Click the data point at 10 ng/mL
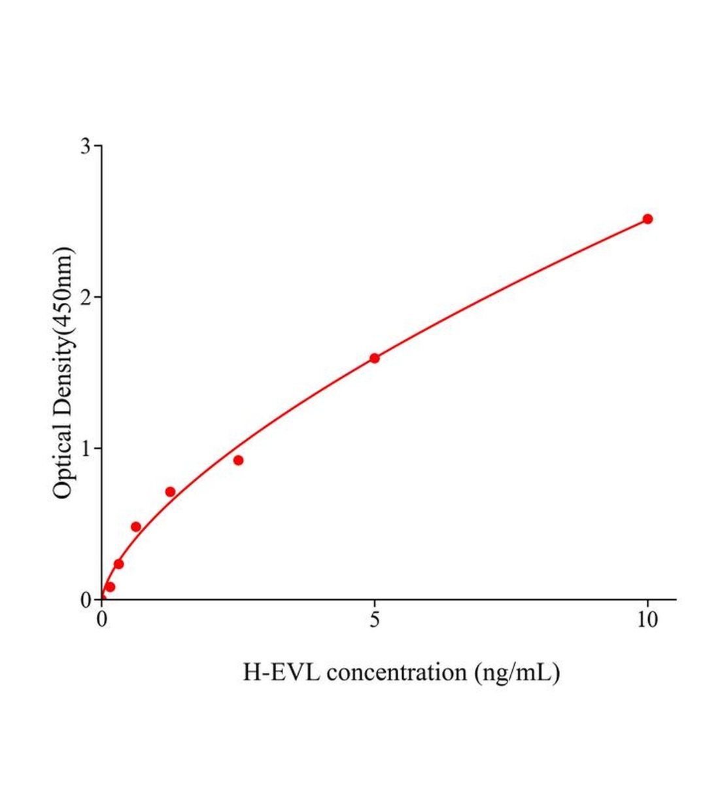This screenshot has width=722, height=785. [x=647, y=219]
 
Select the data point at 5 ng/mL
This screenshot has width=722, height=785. [x=375, y=358]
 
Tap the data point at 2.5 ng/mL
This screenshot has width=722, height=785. [x=238, y=461]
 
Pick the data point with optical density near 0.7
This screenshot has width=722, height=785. [x=170, y=492]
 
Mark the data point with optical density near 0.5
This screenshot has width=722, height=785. [x=136, y=527]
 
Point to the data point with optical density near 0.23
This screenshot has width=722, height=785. [x=118, y=564]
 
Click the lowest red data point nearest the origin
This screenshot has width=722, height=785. [x=110, y=587]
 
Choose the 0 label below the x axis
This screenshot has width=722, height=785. [x=102, y=620]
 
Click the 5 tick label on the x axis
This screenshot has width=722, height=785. [x=375, y=620]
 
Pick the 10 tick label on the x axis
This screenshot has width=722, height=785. [x=647, y=620]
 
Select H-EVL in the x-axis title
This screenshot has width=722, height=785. [x=281, y=672]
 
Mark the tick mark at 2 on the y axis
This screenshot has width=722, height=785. [x=98, y=297]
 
